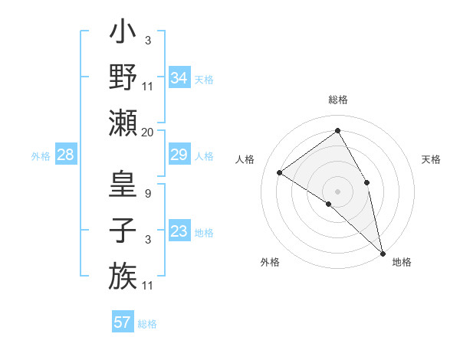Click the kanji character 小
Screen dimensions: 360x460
click(x=123, y=34)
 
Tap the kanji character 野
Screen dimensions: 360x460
click(x=123, y=77)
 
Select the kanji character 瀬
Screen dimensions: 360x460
click(x=123, y=122)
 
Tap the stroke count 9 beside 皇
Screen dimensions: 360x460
click(x=147, y=194)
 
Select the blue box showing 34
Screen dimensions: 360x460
click(x=179, y=77)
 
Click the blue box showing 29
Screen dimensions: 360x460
click(x=179, y=155)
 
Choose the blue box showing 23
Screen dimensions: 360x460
click(x=179, y=231)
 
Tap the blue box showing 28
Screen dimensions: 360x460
click(x=66, y=155)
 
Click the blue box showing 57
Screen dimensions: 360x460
click(x=123, y=322)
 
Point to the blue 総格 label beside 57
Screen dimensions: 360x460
click(x=147, y=324)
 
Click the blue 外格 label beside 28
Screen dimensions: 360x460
click(x=41, y=156)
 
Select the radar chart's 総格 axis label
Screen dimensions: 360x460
click(x=338, y=100)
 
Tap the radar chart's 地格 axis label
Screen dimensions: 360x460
click(x=402, y=262)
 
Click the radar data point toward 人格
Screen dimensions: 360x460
click(x=280, y=172)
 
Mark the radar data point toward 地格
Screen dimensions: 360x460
click(x=383, y=253)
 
